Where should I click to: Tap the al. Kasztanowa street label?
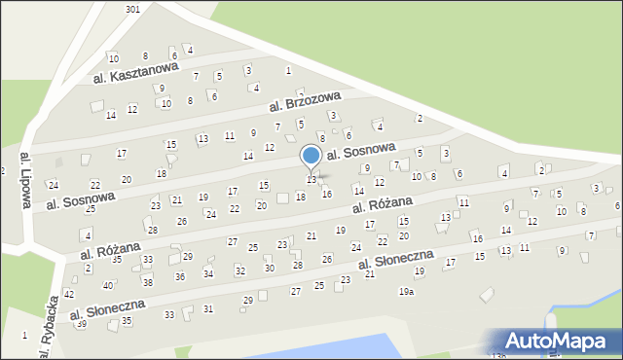pyautogui.click(x=136, y=71)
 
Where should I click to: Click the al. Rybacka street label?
pyautogui.click(x=44, y=332)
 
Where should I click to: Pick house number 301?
pyautogui.click(x=133, y=9)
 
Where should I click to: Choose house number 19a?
pyautogui.click(x=406, y=292)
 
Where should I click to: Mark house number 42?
pyautogui.click(x=69, y=293)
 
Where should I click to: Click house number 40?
pyautogui.click(x=108, y=285)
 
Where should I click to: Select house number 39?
pyautogui.click(x=82, y=323)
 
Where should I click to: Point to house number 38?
pyautogui.click(x=148, y=282)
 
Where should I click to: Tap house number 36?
pyautogui.click(x=180, y=276)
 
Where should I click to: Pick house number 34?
pyautogui.click(x=207, y=273)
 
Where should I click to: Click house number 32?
pyautogui.click(x=239, y=270)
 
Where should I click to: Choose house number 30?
pyautogui.click(x=270, y=268)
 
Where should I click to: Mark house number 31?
pyautogui.click(x=208, y=308)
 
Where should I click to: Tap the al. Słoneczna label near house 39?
pyautogui.click(x=108, y=309)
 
